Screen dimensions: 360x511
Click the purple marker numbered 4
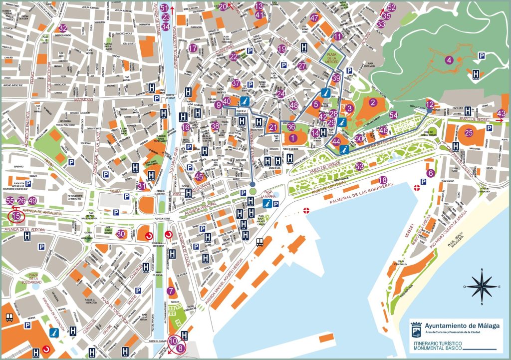pyautogui.click(x=450, y=60)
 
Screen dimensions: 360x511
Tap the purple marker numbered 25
pyautogui.click(x=468, y=133)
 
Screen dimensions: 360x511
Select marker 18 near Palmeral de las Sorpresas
pyautogui.click(x=383, y=180)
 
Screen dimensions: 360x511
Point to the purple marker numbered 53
pyautogui.click(x=359, y=166)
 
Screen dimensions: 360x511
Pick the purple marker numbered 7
pyautogui.click(x=171, y=291)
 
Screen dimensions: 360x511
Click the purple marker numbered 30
pyautogui.click(x=120, y=233)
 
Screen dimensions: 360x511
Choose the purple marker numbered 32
pyautogui.click(x=62, y=28)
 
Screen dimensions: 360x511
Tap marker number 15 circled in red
pyautogui.click(x=17, y=216)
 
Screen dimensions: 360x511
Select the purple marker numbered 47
pyautogui.click(x=314, y=18)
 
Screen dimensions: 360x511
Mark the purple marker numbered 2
pyautogui.click(x=372, y=103)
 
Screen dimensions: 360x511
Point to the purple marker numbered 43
pyautogui.click(x=502, y=113)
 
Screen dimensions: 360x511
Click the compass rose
pyautogui.click(x=481, y=287)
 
